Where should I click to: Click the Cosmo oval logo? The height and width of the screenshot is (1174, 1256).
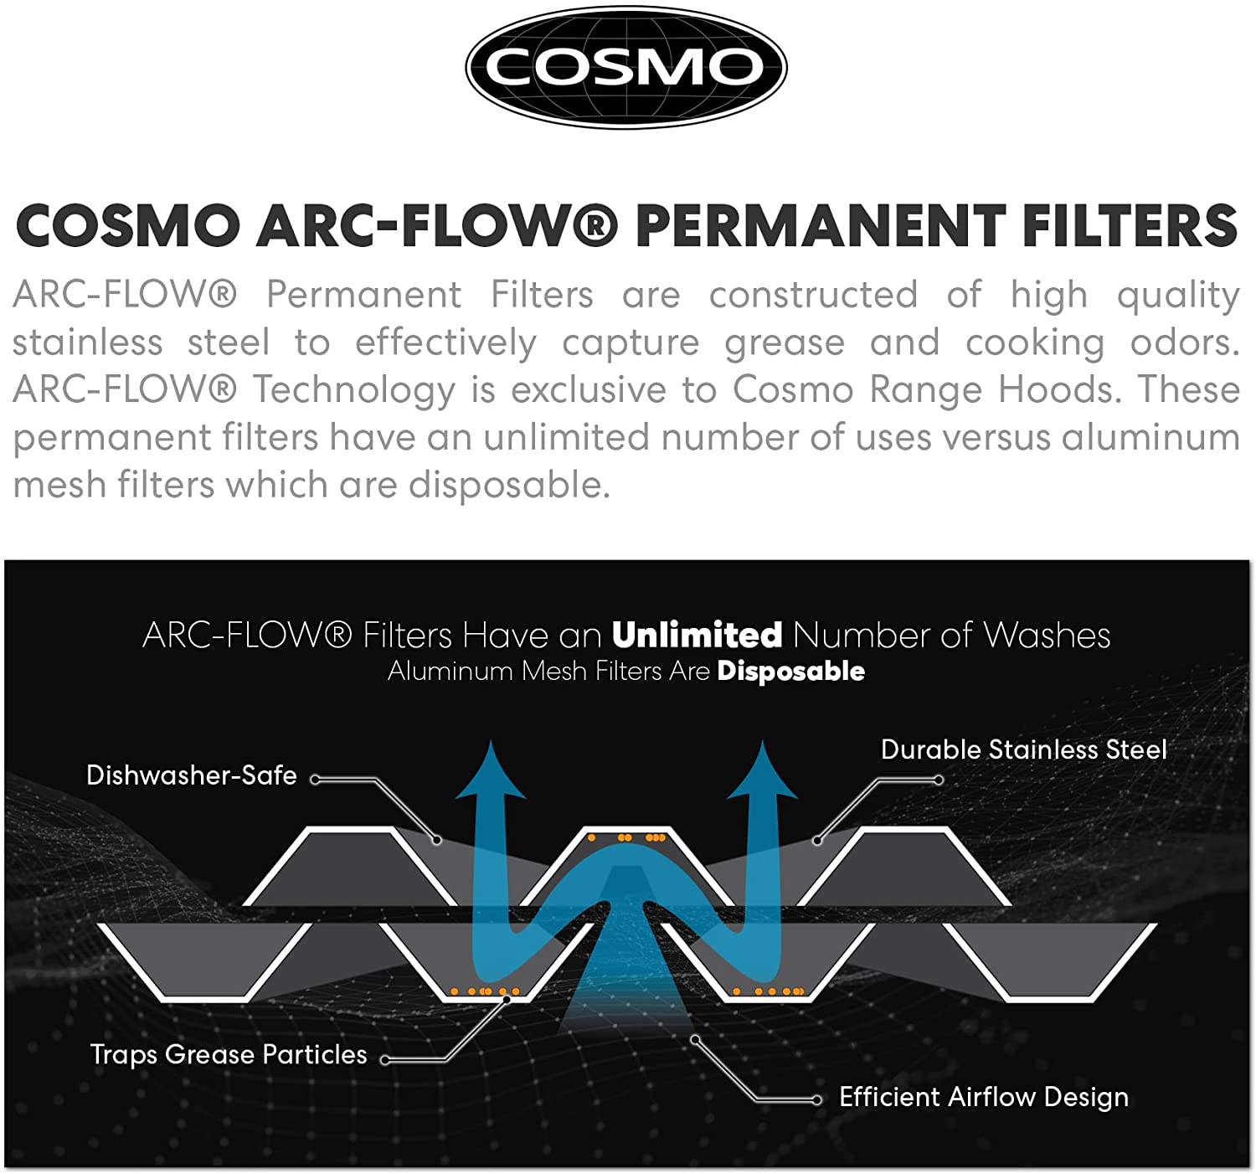tap(626, 67)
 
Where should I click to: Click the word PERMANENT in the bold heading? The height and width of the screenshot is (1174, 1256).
tap(821, 226)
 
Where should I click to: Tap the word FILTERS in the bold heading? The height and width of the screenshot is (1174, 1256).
tap(1130, 226)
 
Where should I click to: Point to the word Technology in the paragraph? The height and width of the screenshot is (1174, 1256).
tap(354, 389)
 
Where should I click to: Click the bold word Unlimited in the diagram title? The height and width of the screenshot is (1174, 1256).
tap(697, 635)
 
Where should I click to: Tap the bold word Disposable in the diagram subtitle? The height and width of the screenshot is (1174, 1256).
tap(790, 671)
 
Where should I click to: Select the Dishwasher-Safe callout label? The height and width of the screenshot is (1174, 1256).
tap(192, 775)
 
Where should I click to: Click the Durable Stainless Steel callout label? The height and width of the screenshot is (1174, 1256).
tap(1024, 749)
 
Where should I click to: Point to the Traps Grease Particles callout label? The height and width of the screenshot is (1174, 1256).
tap(229, 1054)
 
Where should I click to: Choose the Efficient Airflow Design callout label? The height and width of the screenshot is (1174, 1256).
tap(983, 1098)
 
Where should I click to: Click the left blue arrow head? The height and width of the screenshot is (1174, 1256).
tap(491, 772)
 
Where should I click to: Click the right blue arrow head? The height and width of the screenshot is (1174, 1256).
tap(762, 772)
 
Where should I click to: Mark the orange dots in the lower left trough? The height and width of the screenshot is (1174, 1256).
tap(485, 991)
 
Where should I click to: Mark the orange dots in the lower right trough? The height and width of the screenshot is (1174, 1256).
tap(769, 991)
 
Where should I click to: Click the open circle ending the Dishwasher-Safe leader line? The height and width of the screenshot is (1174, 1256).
tap(315, 780)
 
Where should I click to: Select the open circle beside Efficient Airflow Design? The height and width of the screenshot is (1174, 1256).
tap(817, 1100)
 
